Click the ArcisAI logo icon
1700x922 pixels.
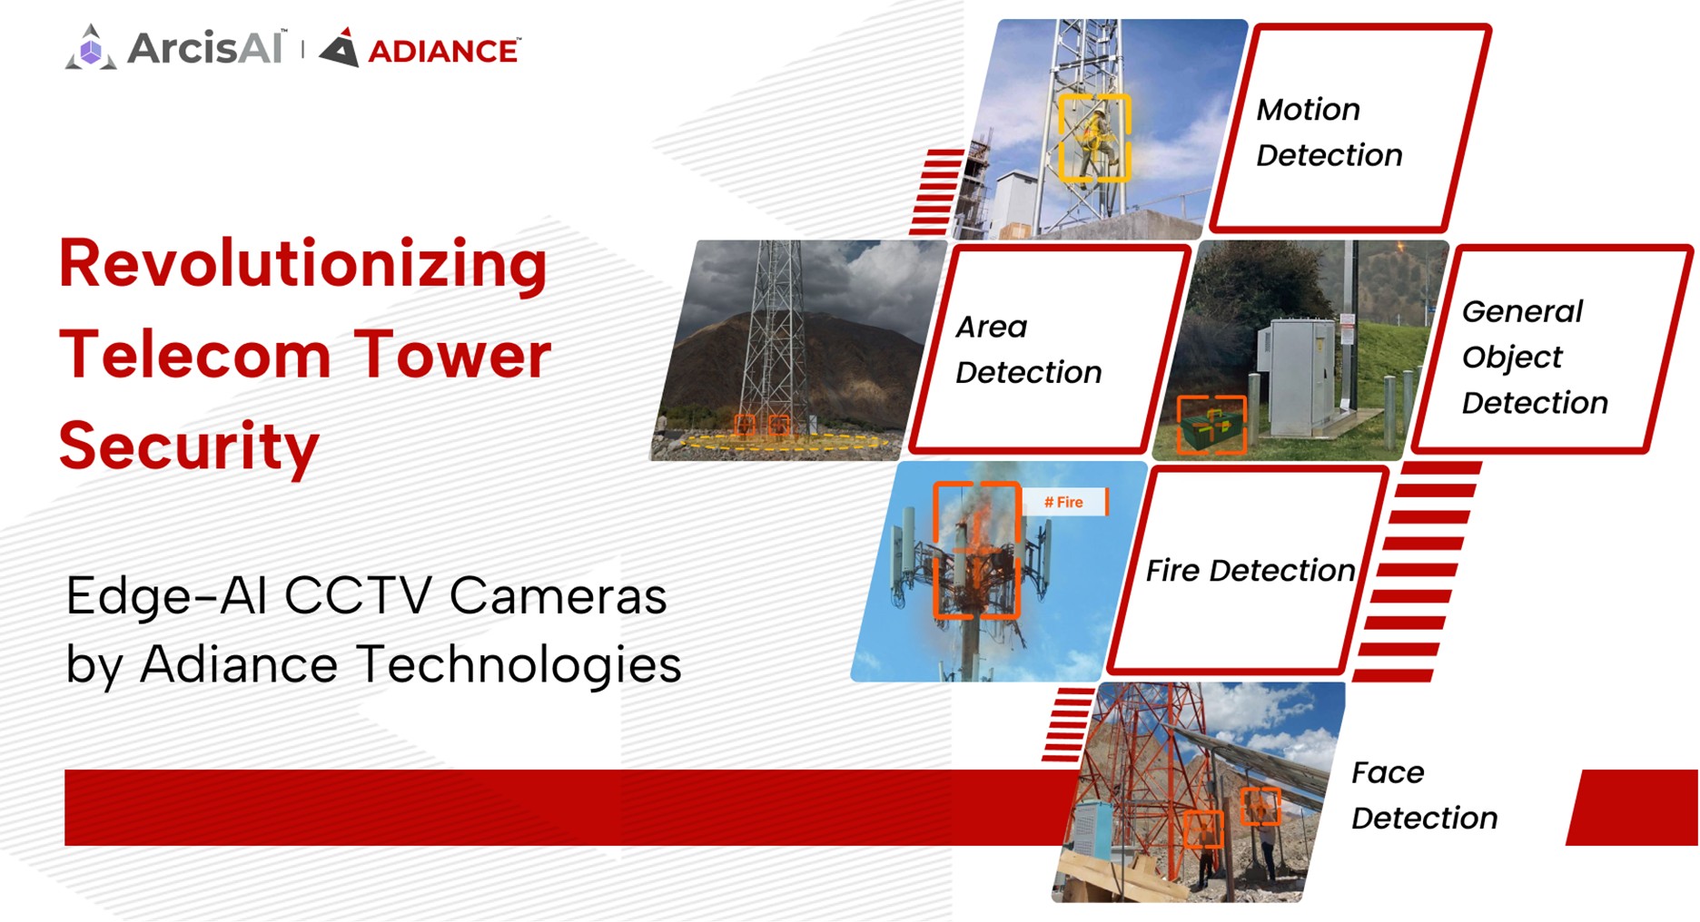coord(90,48)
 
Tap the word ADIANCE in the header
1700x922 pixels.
coord(443,52)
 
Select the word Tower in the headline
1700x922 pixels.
coord(451,355)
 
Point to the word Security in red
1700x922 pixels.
coord(189,446)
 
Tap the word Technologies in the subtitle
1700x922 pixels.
coord(518,664)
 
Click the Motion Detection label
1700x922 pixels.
coord(1329,132)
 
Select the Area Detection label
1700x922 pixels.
coord(1028,349)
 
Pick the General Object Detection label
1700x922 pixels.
coord(1533,357)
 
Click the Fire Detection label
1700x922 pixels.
coord(1249,571)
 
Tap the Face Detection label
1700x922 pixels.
coord(1423,795)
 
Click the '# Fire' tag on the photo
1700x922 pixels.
coord(1064,502)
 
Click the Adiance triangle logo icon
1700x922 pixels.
coord(341,49)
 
